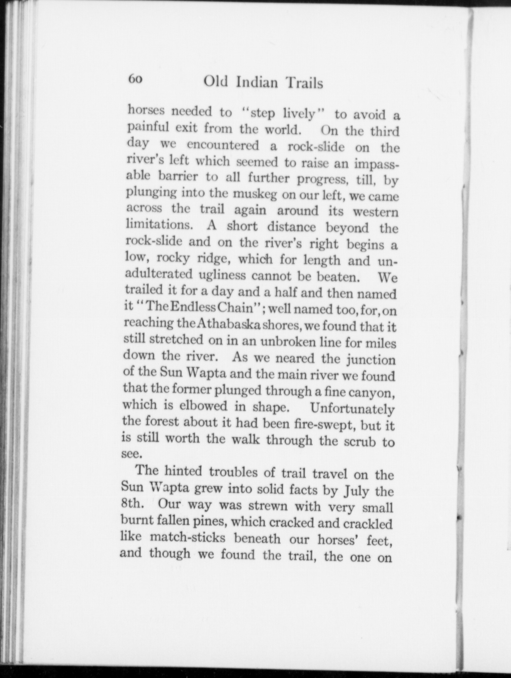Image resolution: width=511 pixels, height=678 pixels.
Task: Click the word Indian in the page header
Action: point(257,83)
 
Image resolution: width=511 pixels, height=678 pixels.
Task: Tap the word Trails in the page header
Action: point(304,83)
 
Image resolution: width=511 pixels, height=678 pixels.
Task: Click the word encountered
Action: point(223,145)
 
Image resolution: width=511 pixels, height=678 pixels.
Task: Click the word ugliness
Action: point(222,275)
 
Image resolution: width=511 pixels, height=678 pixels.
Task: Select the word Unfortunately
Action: point(352,409)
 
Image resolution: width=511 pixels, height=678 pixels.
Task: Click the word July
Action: point(354,492)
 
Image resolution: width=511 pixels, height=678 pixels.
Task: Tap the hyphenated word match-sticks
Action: point(187,537)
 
